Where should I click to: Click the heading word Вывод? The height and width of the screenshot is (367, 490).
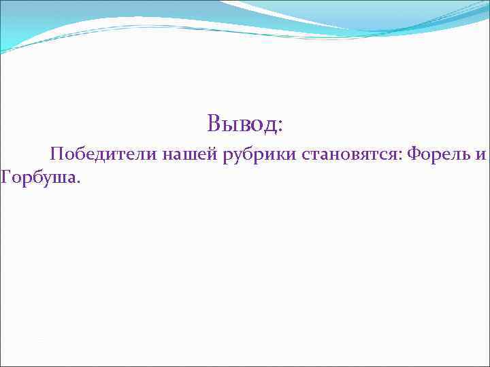pyautogui.click(x=242, y=124)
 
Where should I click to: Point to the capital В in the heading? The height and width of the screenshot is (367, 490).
pyautogui.click(x=214, y=124)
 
